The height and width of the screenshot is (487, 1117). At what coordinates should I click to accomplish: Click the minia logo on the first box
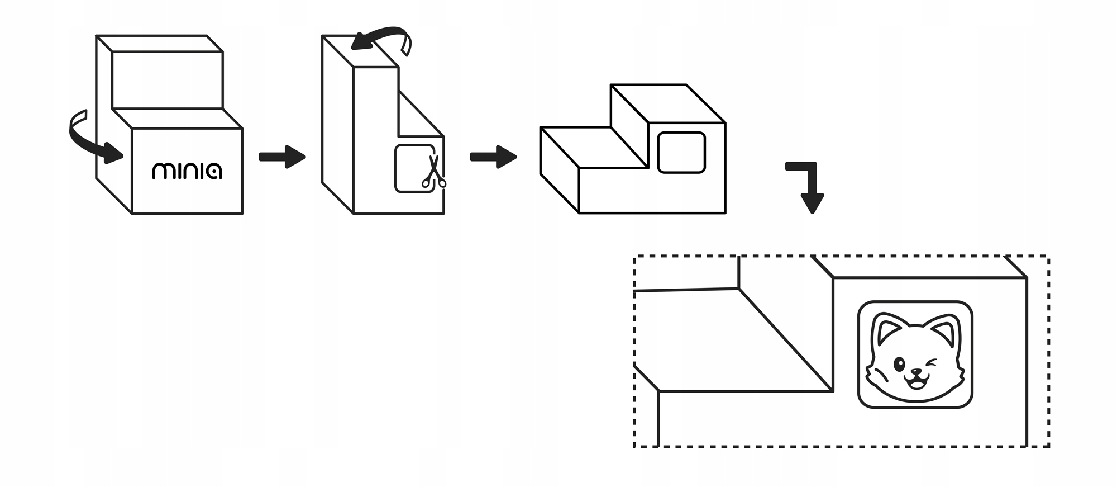pyautogui.click(x=187, y=171)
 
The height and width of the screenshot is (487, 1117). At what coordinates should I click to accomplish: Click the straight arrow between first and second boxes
pyautogui.click(x=283, y=157)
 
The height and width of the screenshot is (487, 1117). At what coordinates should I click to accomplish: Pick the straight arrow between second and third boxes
pyautogui.click(x=493, y=157)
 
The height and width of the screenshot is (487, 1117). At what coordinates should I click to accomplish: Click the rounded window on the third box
pyautogui.click(x=681, y=152)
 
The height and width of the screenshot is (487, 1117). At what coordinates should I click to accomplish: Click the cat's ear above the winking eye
pyautogui.click(x=946, y=333)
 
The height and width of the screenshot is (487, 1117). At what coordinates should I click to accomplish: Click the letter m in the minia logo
pyautogui.click(x=164, y=171)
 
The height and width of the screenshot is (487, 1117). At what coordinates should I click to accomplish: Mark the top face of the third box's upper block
pyautogui.click(x=667, y=103)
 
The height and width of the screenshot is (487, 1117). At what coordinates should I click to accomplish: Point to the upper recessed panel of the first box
pyautogui.click(x=167, y=80)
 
